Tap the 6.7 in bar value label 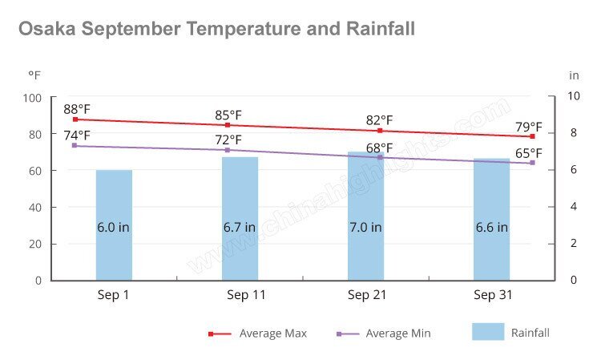240,227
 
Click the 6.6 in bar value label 491,227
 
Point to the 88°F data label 77,109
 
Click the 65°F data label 529,153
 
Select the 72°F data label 228,140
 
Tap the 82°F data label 380,120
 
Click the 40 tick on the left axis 37,207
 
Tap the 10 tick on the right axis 574,97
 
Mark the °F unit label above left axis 34,75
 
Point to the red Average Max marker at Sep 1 75,119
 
